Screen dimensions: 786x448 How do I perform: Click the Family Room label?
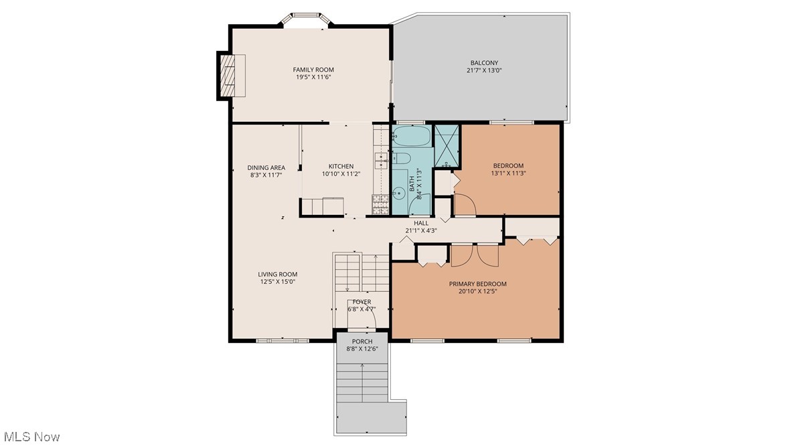tap(313, 70)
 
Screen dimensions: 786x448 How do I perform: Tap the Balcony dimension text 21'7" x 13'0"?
tap(484, 71)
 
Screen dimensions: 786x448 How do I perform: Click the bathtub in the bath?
tap(411, 135)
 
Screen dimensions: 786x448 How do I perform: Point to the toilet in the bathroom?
tap(402, 159)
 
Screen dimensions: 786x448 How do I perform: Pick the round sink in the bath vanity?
tap(399, 192)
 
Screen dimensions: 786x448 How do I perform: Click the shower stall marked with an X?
tap(446, 146)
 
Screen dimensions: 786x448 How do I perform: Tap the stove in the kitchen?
tap(380, 205)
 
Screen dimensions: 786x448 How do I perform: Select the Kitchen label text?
tap(341, 166)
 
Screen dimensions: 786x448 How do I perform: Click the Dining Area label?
tap(266, 168)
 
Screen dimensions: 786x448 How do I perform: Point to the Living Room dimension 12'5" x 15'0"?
tap(278, 282)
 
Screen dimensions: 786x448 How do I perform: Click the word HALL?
tap(421, 223)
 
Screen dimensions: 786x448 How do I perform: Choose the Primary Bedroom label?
tap(478, 284)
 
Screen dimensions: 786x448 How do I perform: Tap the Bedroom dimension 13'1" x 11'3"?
tap(508, 173)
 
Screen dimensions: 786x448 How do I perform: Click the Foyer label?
tap(362, 301)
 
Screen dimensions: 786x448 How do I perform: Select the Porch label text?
tap(362, 342)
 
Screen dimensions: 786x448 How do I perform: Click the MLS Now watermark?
tap(31, 437)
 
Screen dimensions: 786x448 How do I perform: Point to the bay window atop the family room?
tap(306, 19)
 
